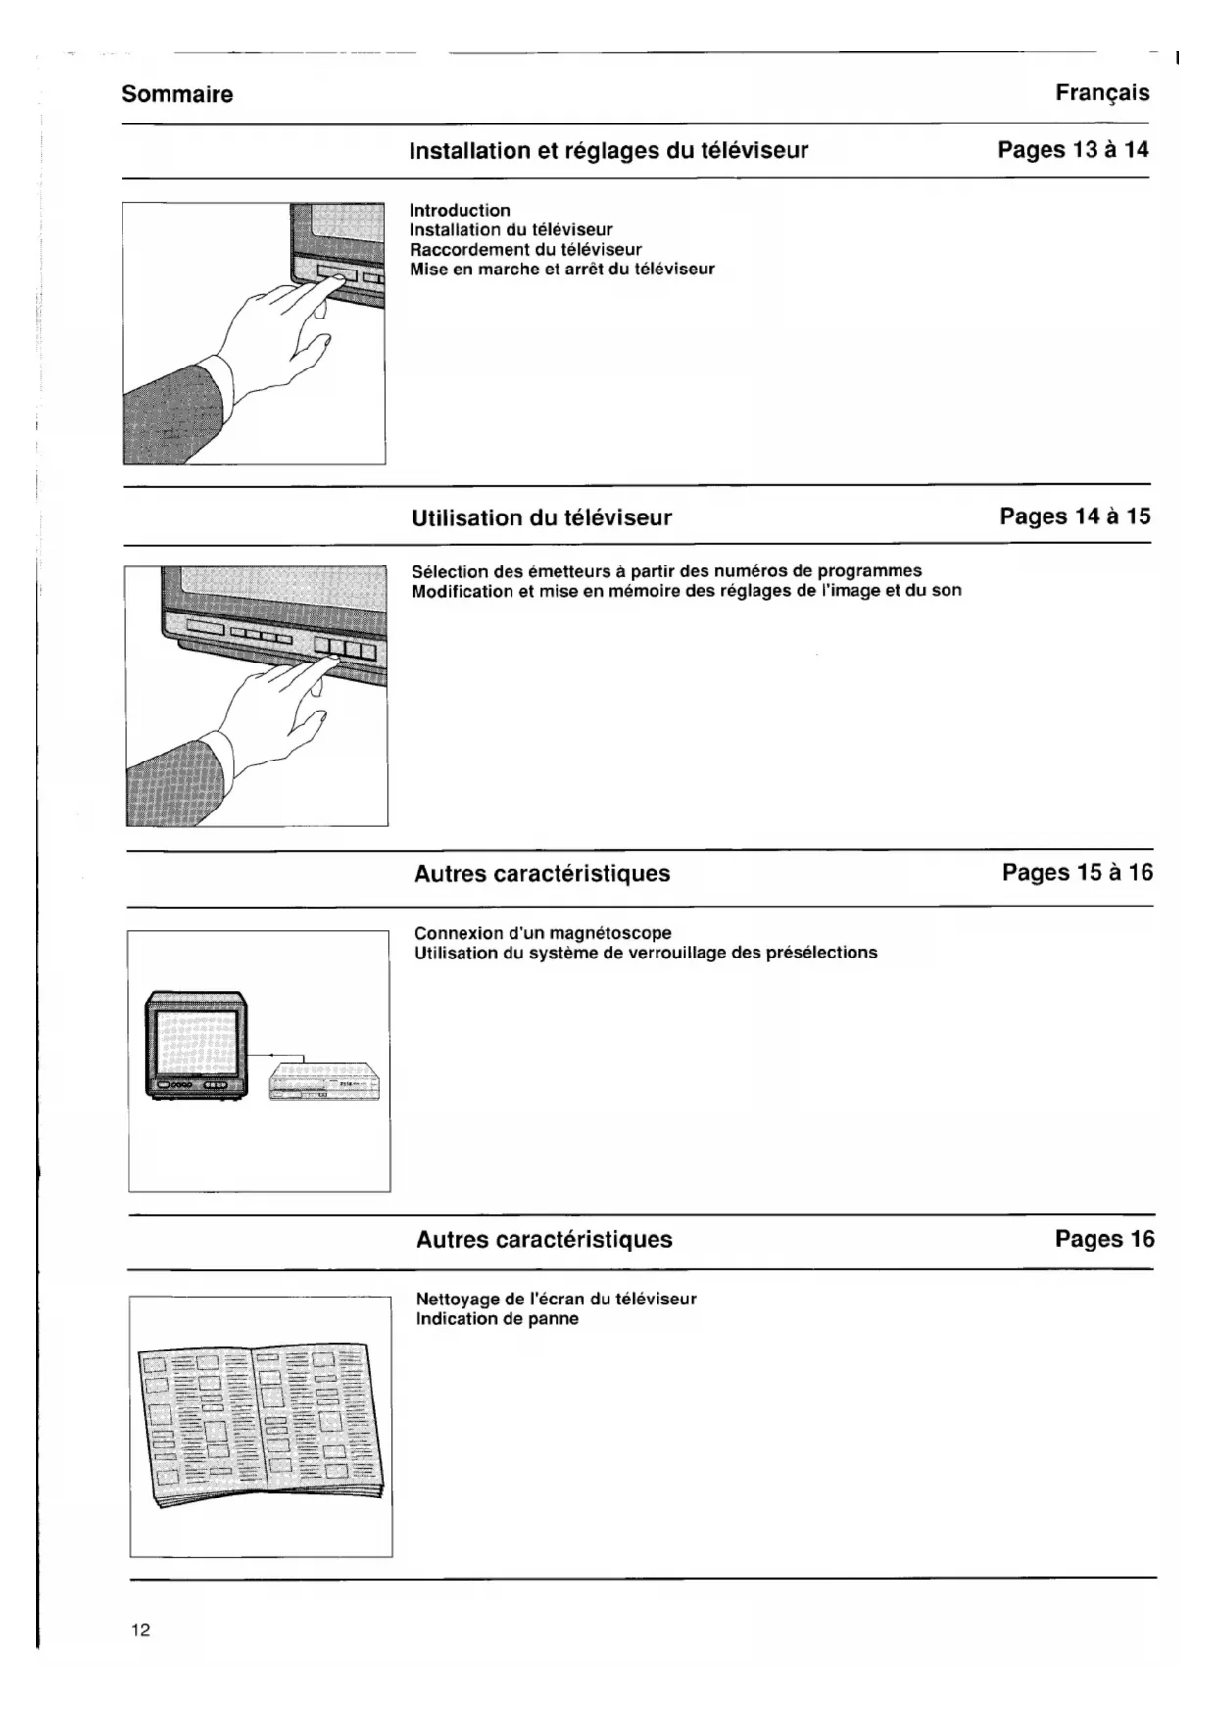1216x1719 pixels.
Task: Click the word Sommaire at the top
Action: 177,95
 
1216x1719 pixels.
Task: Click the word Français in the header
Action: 1102,93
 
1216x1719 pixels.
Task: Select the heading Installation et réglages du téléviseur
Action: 608,151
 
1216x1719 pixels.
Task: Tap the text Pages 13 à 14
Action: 1073,150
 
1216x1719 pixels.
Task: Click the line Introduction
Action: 460,210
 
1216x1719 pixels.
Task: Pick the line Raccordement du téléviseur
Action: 525,249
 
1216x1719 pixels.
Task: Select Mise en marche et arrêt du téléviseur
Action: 561,269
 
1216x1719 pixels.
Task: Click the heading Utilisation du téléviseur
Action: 542,517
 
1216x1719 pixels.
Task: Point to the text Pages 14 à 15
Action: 1075,516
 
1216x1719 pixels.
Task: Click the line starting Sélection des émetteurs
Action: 666,570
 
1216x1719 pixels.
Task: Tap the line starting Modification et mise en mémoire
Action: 686,590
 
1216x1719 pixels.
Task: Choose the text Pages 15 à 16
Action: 1078,872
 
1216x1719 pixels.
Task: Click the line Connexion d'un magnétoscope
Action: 543,933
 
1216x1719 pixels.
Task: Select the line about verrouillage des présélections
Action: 646,953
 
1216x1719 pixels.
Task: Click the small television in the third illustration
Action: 196,1045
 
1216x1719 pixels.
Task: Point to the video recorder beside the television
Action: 324,1082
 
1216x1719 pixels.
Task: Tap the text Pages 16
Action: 1104,1239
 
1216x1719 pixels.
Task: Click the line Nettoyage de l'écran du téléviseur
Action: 556,1299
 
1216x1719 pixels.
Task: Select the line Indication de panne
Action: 497,1318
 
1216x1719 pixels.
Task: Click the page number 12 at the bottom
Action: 141,1630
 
